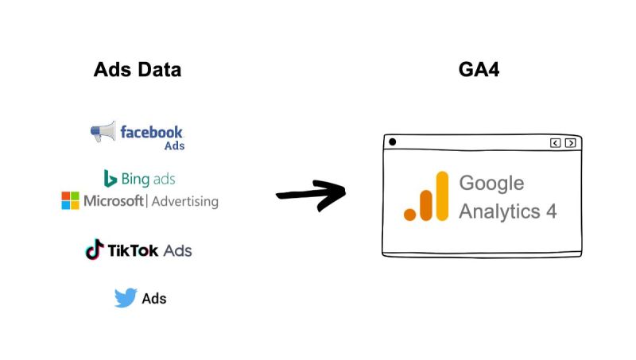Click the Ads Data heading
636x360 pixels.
pos(137,69)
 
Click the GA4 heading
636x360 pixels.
pos(479,69)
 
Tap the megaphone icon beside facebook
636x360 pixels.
pos(103,132)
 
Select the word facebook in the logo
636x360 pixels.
pos(151,131)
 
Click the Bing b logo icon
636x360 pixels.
pos(111,178)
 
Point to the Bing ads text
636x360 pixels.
pos(149,178)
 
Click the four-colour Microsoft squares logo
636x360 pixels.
pos(71,200)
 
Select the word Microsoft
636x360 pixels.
pos(114,200)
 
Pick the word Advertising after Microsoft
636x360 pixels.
pos(184,201)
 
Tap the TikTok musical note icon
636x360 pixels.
pos(94,250)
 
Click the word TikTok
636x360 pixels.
pos(134,251)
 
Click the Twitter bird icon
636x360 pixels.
pos(125,298)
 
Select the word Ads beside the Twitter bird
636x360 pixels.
pos(154,299)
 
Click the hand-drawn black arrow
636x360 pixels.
pos(311,195)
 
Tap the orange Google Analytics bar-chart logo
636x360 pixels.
pos(426,197)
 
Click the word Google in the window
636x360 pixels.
pos(491,183)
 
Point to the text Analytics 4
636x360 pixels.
pos(507,211)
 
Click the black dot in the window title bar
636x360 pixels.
pos(392,142)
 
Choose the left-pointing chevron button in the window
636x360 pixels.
pos(555,143)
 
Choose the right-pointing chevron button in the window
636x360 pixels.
pos(570,143)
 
